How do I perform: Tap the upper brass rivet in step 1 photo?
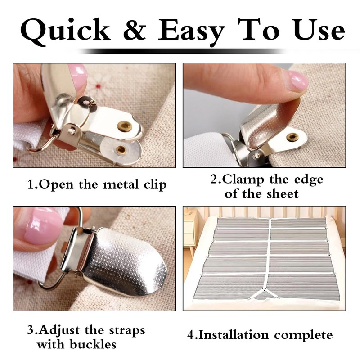tap(125, 126)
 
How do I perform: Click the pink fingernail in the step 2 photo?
tap(297, 81)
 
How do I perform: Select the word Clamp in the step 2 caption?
tap(243, 180)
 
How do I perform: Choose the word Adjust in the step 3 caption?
tap(63, 330)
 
